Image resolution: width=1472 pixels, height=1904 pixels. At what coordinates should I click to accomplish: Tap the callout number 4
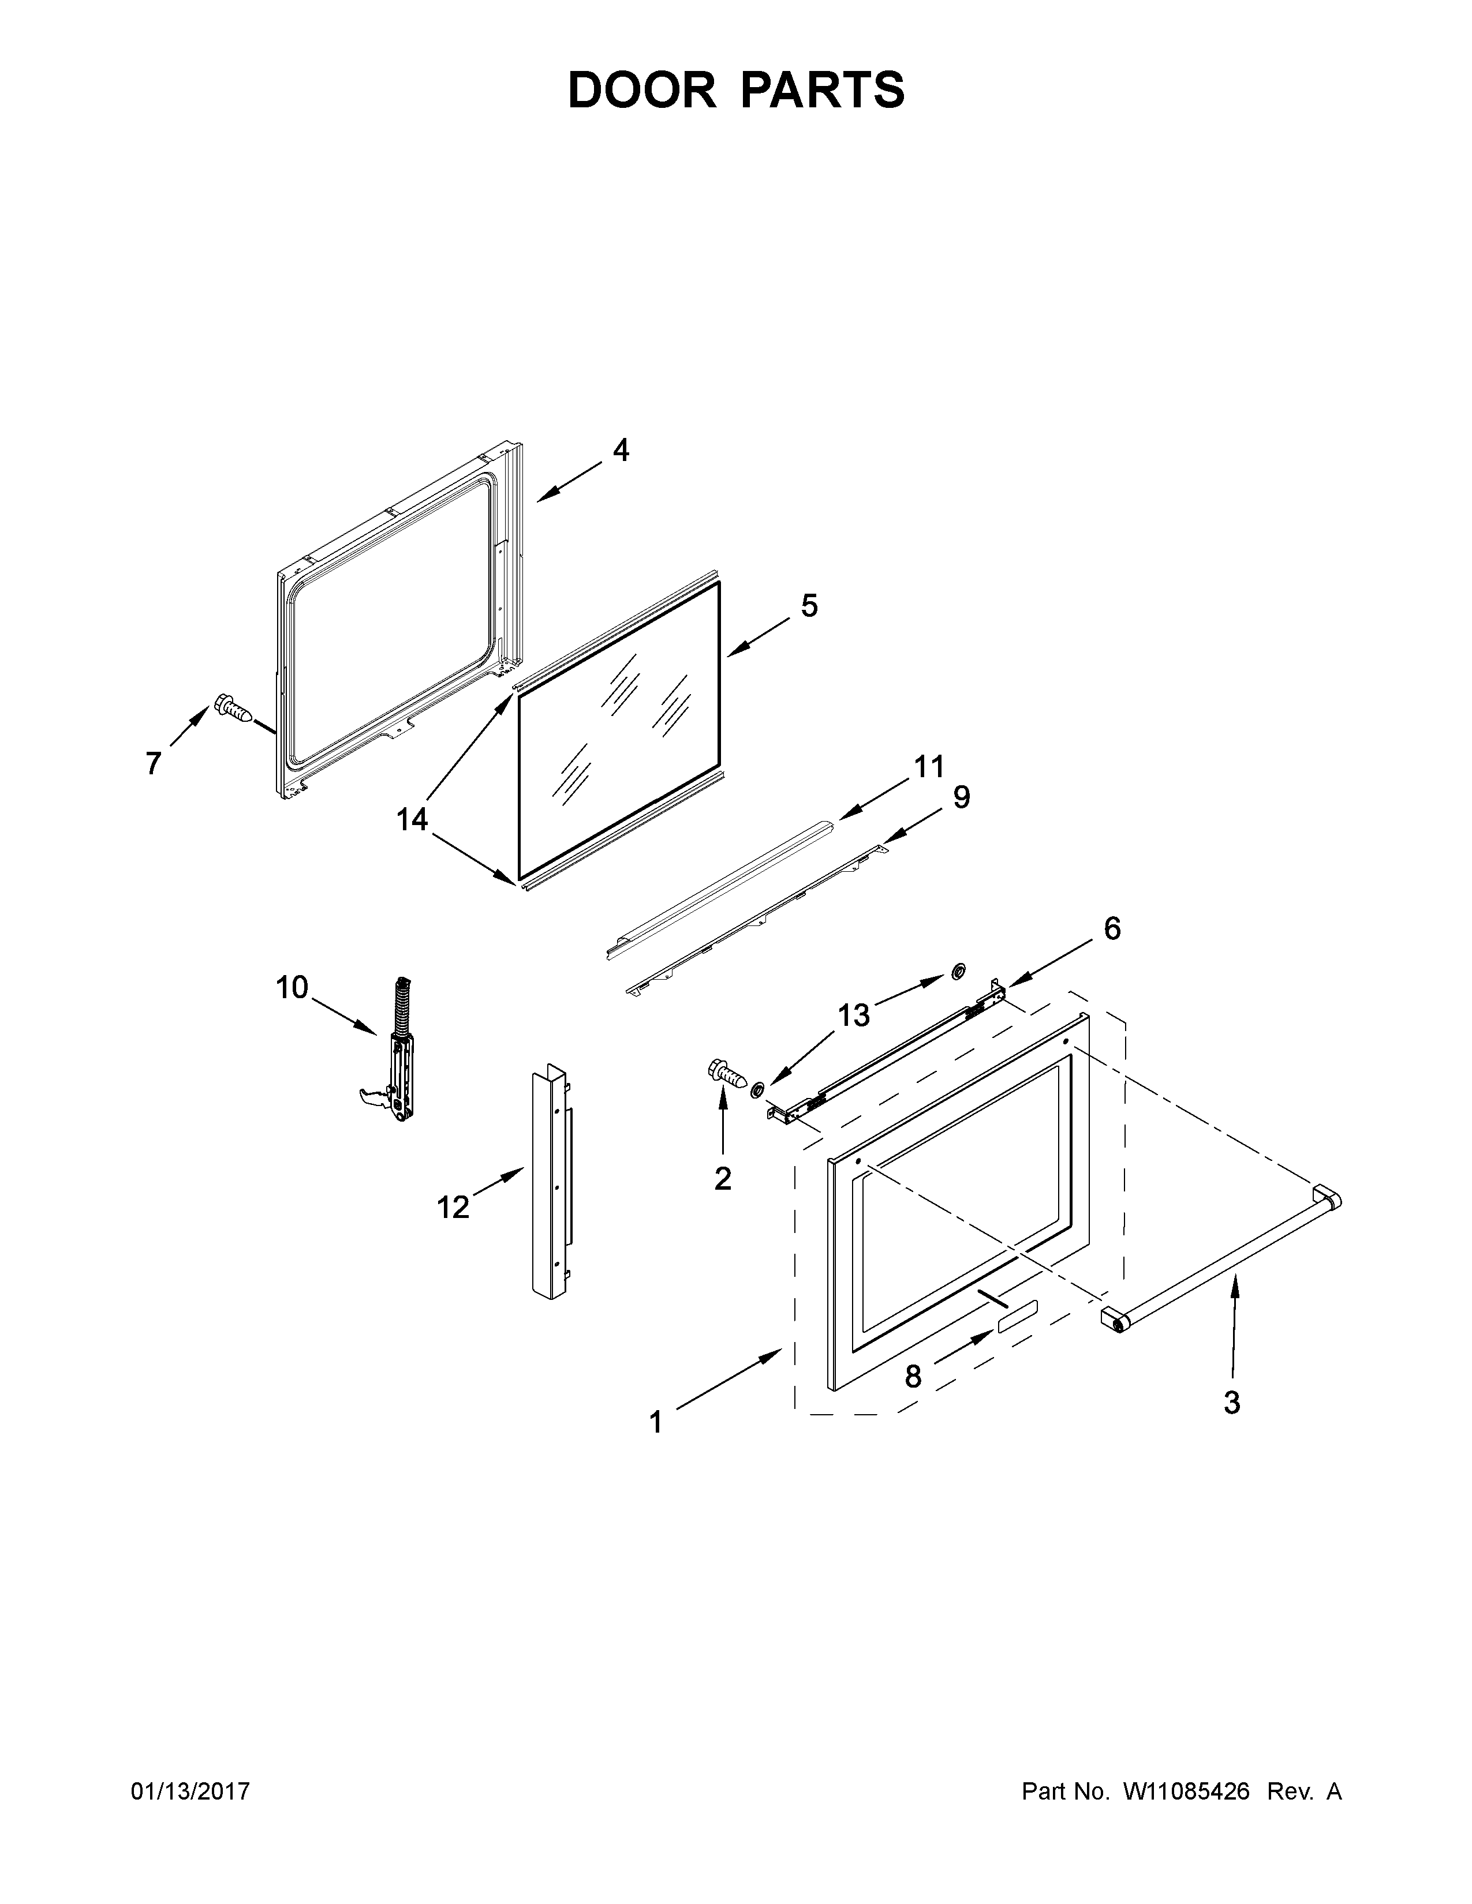[x=620, y=450]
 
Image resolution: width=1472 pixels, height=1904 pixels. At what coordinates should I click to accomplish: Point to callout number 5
[x=809, y=605]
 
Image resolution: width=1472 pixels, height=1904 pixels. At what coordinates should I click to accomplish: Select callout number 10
[x=292, y=988]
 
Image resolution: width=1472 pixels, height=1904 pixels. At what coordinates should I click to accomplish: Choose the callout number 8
[x=912, y=1377]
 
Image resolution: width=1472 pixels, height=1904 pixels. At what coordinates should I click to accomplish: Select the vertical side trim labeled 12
[x=550, y=1194]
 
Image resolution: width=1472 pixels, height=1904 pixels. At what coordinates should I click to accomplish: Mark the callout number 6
[x=1112, y=929]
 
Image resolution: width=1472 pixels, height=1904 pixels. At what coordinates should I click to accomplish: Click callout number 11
[x=929, y=767]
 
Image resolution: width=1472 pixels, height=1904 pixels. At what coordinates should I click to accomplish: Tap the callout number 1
[x=656, y=1423]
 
